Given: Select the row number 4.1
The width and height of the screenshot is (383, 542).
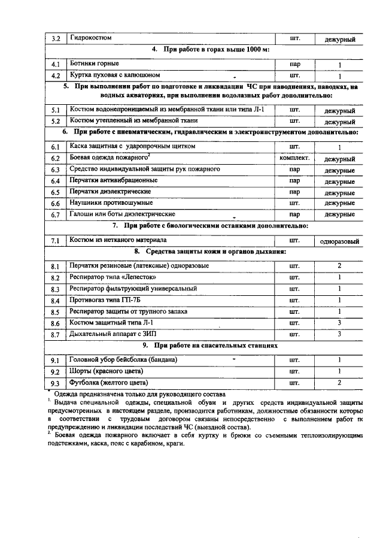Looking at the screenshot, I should pos(54,64).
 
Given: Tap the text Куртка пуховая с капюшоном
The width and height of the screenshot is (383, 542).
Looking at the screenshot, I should pos(114,75).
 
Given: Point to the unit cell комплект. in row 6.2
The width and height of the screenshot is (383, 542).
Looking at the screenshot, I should pos(294,158).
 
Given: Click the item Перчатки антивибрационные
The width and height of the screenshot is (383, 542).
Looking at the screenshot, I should pos(113,180).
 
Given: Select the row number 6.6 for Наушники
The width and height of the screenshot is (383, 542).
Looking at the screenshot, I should pos(54,204).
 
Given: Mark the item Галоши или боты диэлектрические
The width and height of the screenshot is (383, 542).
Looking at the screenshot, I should pos(122,214).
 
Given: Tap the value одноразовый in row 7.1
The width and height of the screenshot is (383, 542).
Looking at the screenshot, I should pos(339,241).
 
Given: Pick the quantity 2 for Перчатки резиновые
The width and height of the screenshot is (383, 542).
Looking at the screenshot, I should pos(339,265).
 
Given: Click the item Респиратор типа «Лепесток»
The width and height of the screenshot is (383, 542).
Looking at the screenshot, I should pos(109,277).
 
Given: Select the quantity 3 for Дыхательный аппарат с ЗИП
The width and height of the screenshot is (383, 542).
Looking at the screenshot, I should pos(339,334).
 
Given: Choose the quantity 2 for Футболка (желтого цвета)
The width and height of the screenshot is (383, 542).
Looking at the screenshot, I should pos(339,382).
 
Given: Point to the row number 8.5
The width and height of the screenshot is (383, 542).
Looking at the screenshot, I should pos(54,312).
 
